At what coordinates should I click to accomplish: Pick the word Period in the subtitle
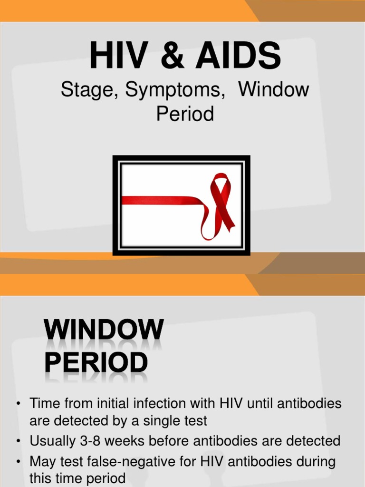coord(185,114)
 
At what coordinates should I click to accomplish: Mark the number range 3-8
coord(89,440)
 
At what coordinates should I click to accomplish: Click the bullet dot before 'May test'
coord(18,461)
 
